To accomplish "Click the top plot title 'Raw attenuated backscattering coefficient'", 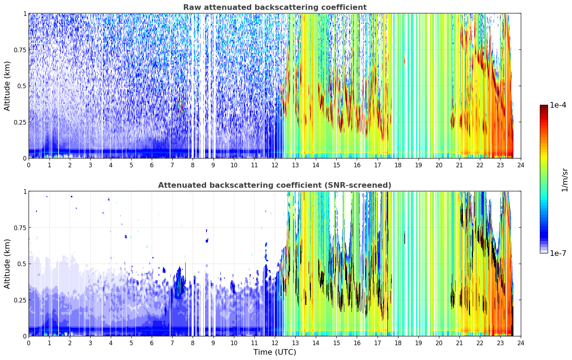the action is [x=275, y=7].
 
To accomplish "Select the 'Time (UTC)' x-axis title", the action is [x=275, y=352].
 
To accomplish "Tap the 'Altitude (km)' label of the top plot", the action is [x=7, y=86].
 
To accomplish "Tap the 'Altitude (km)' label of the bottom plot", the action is [x=7, y=264].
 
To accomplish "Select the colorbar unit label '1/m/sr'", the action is [x=565, y=180].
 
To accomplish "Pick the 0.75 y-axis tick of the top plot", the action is [x=20, y=50].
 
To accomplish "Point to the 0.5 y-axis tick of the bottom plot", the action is [x=22, y=264].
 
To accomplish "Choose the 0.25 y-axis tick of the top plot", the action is [x=20, y=122].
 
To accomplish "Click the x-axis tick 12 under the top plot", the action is [x=275, y=165].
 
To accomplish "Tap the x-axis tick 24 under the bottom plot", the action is [x=521, y=343].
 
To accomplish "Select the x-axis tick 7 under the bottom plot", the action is [x=172, y=343].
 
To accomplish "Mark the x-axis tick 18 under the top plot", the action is [x=398, y=165].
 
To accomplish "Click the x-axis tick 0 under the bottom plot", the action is [x=29, y=343].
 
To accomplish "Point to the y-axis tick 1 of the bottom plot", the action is [x=25, y=192].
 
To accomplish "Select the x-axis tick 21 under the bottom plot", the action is [x=459, y=343].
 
